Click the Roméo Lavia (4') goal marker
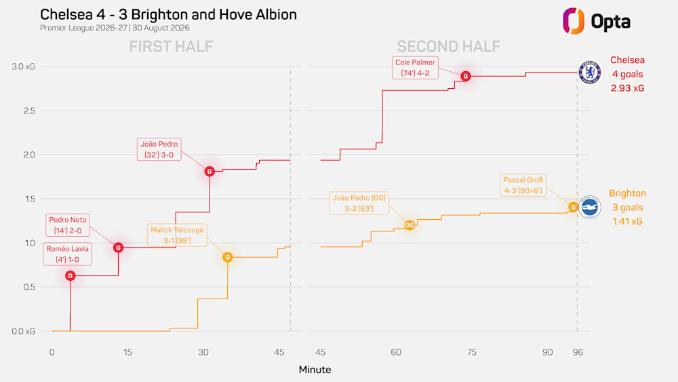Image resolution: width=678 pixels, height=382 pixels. (x=70, y=275)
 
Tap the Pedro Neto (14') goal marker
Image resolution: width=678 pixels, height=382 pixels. (x=118, y=248)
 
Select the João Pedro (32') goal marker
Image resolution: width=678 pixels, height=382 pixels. (x=210, y=171)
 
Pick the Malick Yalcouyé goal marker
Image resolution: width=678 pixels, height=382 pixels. (x=227, y=257)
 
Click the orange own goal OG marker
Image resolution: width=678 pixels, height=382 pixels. (x=409, y=225)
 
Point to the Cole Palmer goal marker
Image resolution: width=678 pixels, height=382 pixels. (x=465, y=76)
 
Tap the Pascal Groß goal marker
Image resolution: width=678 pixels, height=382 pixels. (x=573, y=207)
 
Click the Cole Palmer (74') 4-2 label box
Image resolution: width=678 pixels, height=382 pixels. (x=415, y=67)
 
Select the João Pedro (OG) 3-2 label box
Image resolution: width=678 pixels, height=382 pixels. (x=359, y=203)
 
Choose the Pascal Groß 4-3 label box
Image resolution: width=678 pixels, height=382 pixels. (x=523, y=185)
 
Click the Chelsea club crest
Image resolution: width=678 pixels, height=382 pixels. (x=590, y=72)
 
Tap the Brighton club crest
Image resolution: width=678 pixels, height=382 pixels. (x=590, y=207)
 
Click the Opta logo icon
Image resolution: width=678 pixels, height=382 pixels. (x=574, y=21)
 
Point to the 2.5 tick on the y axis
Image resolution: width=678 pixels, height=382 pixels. (x=29, y=111)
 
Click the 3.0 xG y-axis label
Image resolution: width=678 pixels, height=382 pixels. (x=23, y=66)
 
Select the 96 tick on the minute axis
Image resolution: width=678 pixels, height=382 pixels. (x=578, y=352)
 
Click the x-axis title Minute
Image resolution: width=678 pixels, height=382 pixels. (x=315, y=370)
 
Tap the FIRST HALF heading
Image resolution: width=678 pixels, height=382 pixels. (x=172, y=46)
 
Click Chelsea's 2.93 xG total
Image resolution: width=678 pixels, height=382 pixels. (x=627, y=88)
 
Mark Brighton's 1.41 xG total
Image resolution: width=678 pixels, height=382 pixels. (x=627, y=221)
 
